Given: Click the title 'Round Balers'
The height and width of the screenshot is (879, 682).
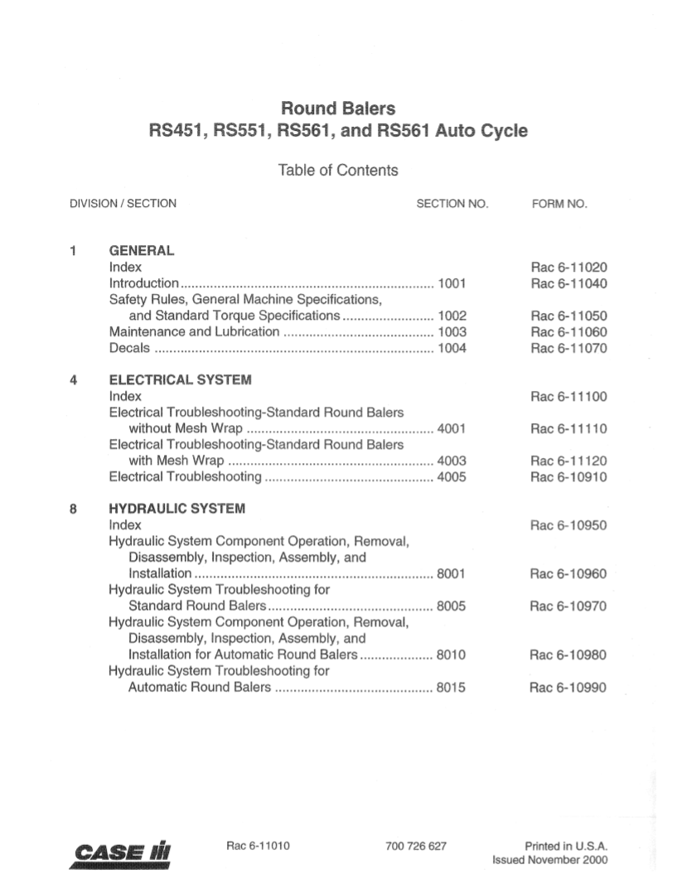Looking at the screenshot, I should (x=338, y=109).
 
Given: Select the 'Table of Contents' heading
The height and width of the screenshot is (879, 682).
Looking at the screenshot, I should (x=338, y=171).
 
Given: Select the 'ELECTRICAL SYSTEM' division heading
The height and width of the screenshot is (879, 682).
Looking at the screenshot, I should (x=181, y=380).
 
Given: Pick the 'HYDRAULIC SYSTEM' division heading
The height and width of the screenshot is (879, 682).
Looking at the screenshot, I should (x=177, y=508).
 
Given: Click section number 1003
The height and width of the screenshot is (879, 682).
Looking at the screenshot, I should (x=452, y=332).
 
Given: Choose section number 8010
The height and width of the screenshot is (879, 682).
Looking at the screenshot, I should (x=452, y=654).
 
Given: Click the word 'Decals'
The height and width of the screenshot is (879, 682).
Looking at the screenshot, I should (x=128, y=348).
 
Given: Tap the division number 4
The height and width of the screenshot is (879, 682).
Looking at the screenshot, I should (x=74, y=380).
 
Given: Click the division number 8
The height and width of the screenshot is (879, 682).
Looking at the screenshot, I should (x=74, y=508).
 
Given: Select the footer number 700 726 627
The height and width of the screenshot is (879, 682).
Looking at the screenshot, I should (x=416, y=846).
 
